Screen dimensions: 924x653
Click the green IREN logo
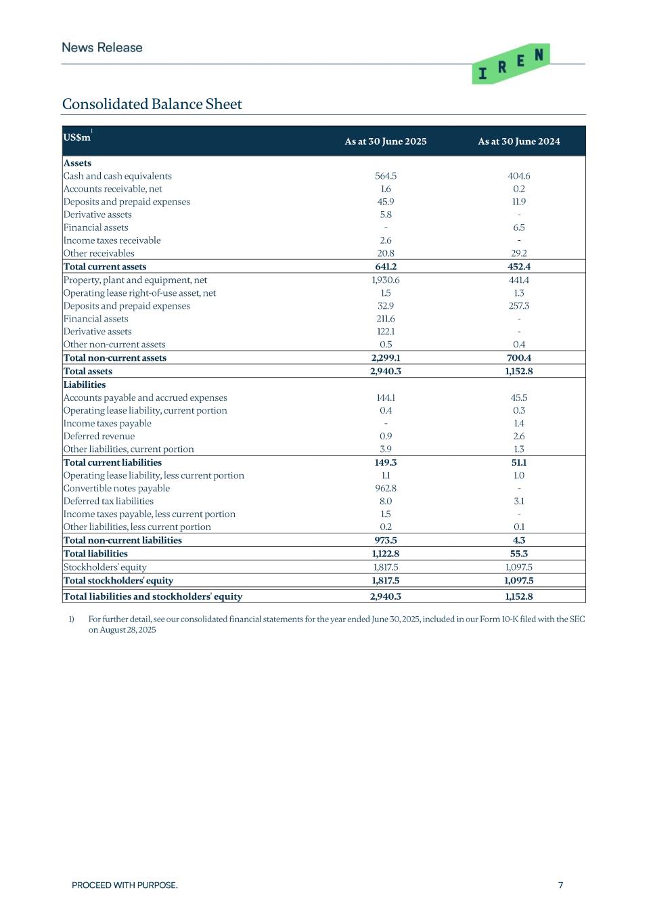click(510, 64)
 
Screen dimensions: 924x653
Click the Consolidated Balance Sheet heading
click(152, 104)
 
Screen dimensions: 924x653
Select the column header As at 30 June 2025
click(386, 141)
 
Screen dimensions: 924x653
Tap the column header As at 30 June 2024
click(519, 141)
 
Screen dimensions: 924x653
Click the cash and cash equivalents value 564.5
click(386, 176)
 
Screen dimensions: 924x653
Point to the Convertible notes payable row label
click(116, 488)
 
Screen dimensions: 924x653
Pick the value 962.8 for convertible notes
click(386, 488)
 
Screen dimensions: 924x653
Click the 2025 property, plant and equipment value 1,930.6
click(386, 280)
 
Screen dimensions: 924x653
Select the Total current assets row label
click(105, 267)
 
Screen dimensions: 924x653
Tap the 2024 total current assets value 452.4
click(519, 267)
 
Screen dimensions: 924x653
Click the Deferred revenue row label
click(99, 436)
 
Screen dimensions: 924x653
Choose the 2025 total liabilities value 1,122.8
click(386, 554)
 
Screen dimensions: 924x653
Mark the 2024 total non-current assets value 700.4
click(519, 358)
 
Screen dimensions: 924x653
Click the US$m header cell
click(77, 137)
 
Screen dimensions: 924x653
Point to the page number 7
click(560, 885)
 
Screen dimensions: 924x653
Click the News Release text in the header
click(102, 47)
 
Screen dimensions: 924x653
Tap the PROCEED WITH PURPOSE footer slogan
click(125, 885)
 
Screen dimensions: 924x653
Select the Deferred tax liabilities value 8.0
click(386, 501)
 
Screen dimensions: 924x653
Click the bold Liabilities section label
click(85, 384)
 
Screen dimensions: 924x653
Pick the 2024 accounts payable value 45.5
click(519, 397)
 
